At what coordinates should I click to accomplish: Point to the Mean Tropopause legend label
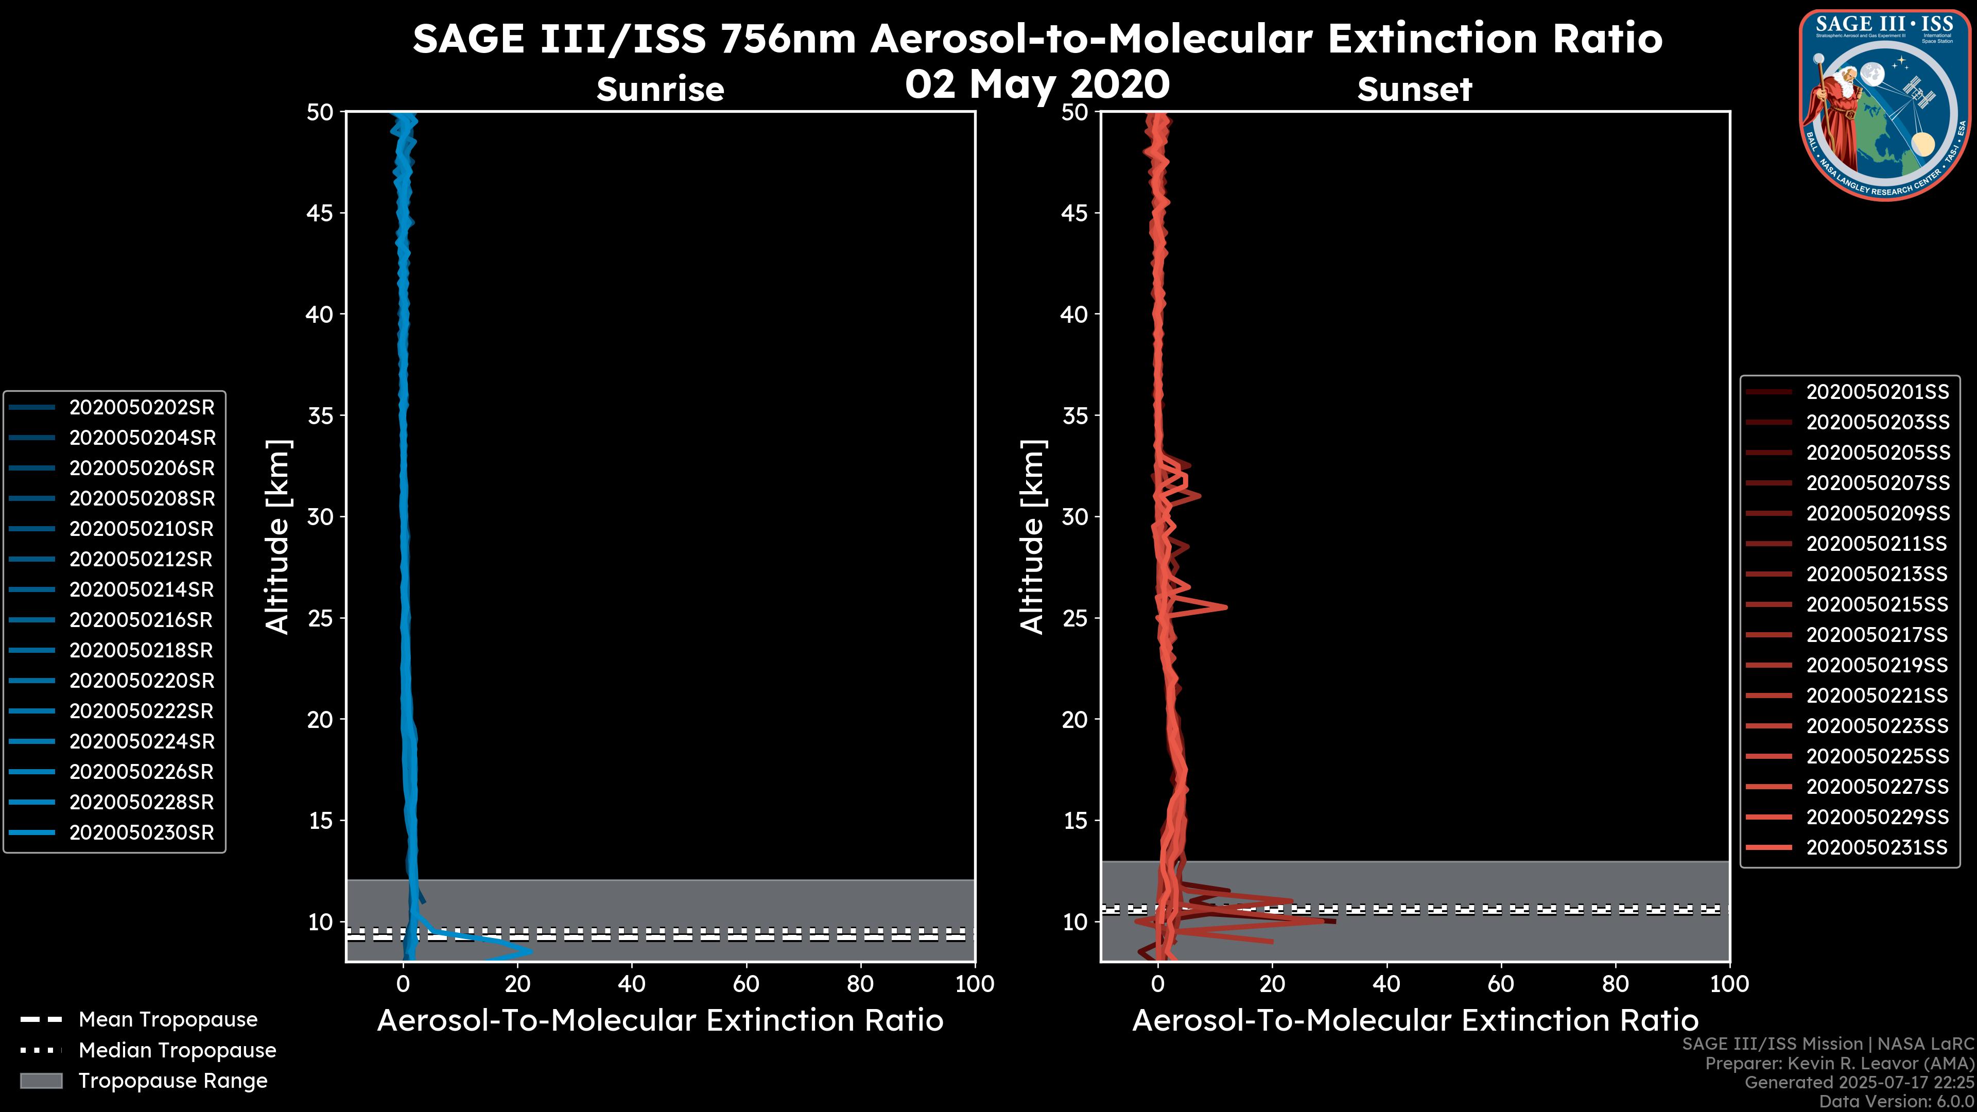[168, 1020]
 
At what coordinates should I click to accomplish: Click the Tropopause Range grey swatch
[41, 1081]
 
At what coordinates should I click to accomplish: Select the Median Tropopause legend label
[177, 1051]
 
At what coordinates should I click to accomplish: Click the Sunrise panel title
[660, 90]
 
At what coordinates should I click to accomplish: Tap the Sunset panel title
[1414, 90]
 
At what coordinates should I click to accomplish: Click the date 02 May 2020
[1037, 84]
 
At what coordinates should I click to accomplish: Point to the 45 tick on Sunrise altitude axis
[320, 213]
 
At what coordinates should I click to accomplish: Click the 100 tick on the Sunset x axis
[1729, 984]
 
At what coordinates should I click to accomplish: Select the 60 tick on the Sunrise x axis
[746, 984]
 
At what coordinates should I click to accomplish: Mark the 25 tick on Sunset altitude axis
[1075, 618]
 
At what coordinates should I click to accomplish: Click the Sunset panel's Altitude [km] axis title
[1032, 537]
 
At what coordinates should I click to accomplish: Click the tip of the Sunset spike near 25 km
[1226, 607]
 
